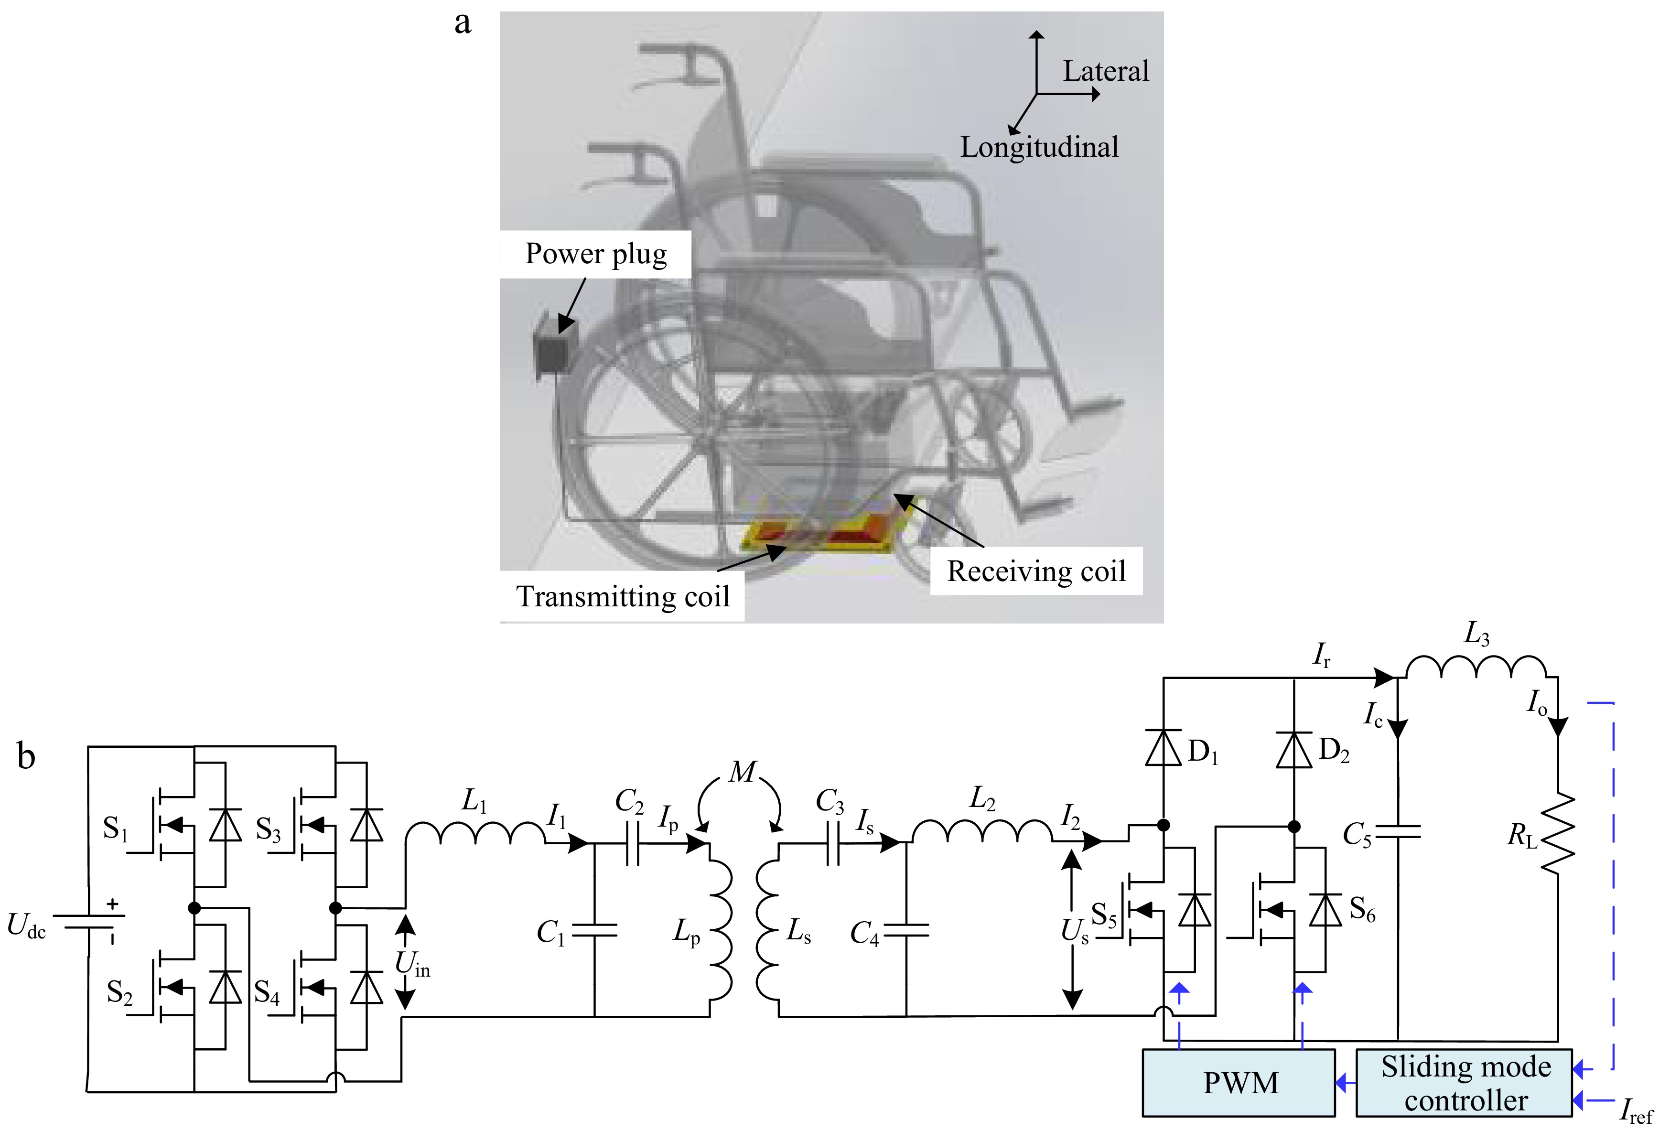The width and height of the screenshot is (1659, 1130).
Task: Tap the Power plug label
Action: pos(595,254)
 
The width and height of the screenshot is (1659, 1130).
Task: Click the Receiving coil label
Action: pos(1036,571)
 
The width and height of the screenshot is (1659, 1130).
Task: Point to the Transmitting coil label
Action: pos(623,596)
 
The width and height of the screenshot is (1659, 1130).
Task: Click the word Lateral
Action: pos(1106,71)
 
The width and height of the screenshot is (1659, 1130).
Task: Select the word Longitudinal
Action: pos(1039,148)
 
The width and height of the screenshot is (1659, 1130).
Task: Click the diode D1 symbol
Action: pos(1163,748)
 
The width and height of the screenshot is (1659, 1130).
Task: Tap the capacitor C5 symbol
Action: pos(1397,832)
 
